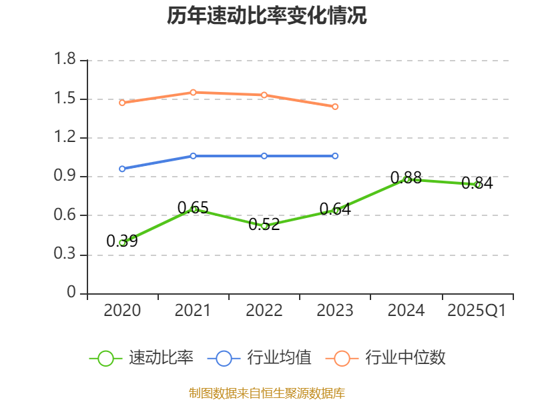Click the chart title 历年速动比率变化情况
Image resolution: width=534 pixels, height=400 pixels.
267,16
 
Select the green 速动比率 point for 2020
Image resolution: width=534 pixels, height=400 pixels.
122,243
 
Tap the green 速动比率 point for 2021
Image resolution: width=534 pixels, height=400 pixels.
194,209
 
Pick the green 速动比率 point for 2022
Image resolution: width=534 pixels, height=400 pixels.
264,226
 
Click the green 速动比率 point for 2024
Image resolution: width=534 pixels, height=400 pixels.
407,179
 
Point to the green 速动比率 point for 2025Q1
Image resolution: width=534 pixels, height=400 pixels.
477,185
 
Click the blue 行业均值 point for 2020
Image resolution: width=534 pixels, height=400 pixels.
122,169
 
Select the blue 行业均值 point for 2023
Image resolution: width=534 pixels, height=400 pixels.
335,156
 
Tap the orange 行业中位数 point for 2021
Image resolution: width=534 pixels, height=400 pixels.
194,92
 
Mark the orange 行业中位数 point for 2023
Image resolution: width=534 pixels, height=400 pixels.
335,107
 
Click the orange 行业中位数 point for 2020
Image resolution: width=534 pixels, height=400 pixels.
122,103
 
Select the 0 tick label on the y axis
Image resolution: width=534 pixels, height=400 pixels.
72,293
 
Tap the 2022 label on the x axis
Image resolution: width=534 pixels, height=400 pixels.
264,311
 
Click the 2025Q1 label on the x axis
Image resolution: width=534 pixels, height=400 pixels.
477,311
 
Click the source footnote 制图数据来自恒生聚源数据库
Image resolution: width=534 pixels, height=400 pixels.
267,393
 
